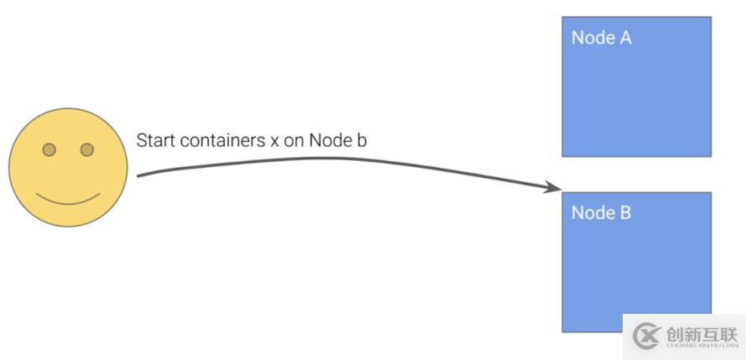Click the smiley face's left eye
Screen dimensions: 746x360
pos(49,150)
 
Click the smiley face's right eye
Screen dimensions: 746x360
pos(87,150)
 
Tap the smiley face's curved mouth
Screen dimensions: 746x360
pos(68,200)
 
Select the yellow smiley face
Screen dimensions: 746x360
pos(68,167)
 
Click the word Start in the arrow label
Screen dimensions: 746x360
pos(151,141)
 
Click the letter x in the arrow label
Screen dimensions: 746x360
pos(274,142)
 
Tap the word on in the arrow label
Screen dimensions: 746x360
pos(294,142)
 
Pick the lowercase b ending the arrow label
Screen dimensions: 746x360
pos(361,141)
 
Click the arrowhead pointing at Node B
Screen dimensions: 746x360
pos(553,187)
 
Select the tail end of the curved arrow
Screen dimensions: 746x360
pos(138,176)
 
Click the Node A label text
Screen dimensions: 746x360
pos(602,38)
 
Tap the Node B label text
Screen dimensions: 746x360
pos(602,212)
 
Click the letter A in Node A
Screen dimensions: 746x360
pos(624,38)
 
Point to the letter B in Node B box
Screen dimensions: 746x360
pos(624,212)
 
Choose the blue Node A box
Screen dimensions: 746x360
pos(637,86)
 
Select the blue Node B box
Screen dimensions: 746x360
pos(637,262)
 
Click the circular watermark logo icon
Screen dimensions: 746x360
pos(647,337)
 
